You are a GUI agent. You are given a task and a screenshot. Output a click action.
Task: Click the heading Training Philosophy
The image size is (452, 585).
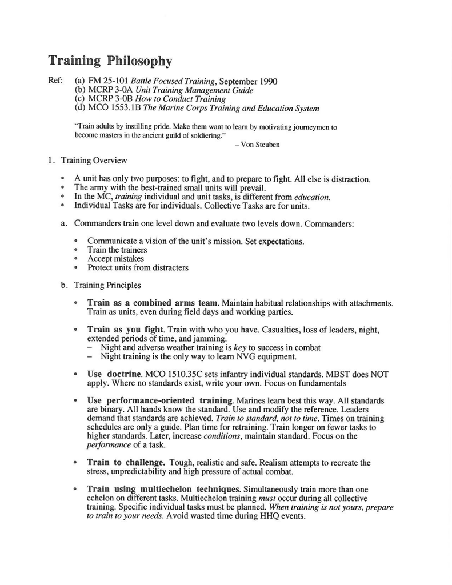(x=109, y=61)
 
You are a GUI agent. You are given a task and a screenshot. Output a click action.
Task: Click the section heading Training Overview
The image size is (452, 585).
(x=94, y=161)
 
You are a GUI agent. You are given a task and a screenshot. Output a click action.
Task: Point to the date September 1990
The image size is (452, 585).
(x=249, y=81)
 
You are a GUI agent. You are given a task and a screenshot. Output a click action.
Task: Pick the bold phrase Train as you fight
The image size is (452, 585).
(x=125, y=330)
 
